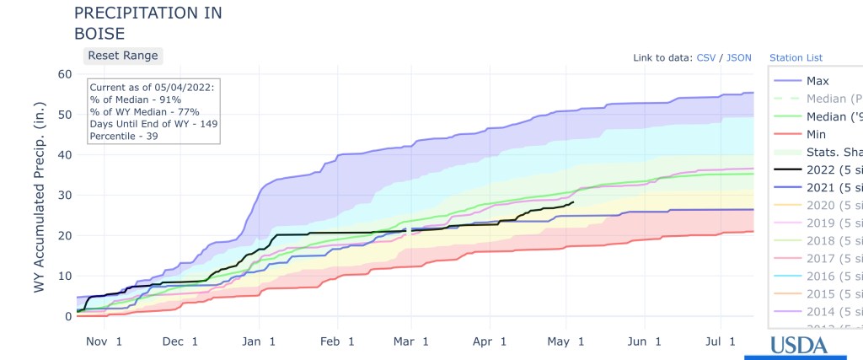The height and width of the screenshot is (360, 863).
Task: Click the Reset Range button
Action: point(121,55)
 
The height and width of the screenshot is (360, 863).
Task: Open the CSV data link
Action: point(706,58)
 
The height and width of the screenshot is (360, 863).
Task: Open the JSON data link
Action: point(739,58)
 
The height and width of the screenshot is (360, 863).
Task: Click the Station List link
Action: point(796,58)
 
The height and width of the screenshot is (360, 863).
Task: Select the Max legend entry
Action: point(818,81)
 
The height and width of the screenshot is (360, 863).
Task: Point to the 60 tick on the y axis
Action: point(65,73)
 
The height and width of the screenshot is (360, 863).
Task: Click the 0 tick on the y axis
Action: point(68,316)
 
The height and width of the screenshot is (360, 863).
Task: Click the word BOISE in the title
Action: point(99,34)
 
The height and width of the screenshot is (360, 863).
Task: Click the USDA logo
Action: point(796,346)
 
